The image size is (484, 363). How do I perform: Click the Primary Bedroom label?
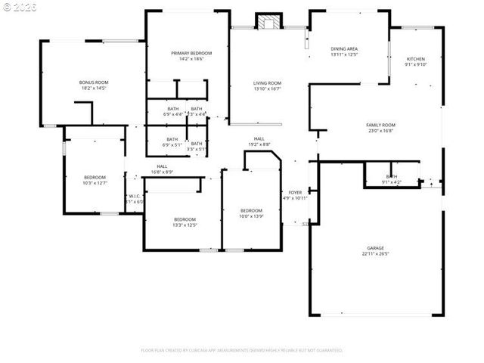click(x=191, y=53)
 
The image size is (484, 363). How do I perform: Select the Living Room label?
click(x=267, y=82)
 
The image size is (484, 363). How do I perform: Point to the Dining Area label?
click(x=344, y=48)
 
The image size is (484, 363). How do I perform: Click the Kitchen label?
click(x=416, y=59)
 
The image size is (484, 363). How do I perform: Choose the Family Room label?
click(x=381, y=125)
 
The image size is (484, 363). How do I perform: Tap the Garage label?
click(x=375, y=247)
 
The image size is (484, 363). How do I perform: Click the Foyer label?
click(x=295, y=193)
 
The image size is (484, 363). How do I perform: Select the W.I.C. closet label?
click(x=135, y=197)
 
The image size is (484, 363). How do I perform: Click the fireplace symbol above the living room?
click(x=267, y=22)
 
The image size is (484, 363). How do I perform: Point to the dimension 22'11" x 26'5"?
click(x=375, y=254)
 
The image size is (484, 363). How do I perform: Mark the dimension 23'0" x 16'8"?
click(x=381, y=131)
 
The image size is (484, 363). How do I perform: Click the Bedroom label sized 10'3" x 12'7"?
click(x=95, y=176)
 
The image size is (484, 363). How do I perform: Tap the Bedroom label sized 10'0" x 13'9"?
click(x=251, y=210)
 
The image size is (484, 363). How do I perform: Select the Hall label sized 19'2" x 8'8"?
click(x=259, y=138)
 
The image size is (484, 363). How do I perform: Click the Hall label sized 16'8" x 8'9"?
click(x=162, y=166)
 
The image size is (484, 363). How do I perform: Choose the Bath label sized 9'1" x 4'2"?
click(x=392, y=176)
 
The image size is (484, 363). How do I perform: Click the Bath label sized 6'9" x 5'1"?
click(x=172, y=139)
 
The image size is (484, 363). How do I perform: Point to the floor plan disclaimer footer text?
click(x=242, y=350)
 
